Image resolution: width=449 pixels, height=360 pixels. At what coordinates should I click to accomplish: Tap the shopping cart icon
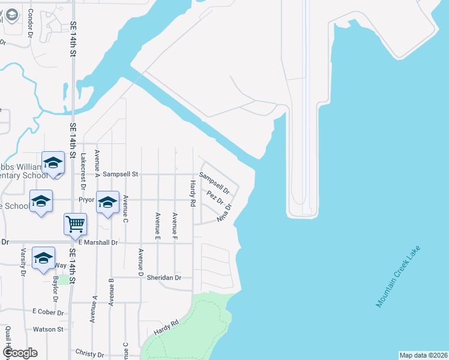tap(76, 224)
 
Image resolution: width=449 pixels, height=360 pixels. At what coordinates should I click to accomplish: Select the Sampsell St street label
tap(121, 174)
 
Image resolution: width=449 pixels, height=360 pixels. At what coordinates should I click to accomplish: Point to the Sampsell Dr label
tap(214, 182)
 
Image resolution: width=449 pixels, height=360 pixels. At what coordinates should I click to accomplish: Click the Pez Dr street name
tap(215, 197)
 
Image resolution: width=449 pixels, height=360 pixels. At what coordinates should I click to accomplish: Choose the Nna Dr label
tap(226, 215)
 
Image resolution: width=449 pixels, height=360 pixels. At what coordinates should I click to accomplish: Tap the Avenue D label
tap(141, 263)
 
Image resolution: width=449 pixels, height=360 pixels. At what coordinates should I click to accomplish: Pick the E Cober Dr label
tap(48, 311)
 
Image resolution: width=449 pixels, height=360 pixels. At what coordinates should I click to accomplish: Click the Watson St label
tap(48, 329)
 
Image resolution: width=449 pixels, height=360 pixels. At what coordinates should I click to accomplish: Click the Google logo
tap(20, 353)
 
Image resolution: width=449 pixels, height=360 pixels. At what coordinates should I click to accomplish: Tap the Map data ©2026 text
tap(423, 355)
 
